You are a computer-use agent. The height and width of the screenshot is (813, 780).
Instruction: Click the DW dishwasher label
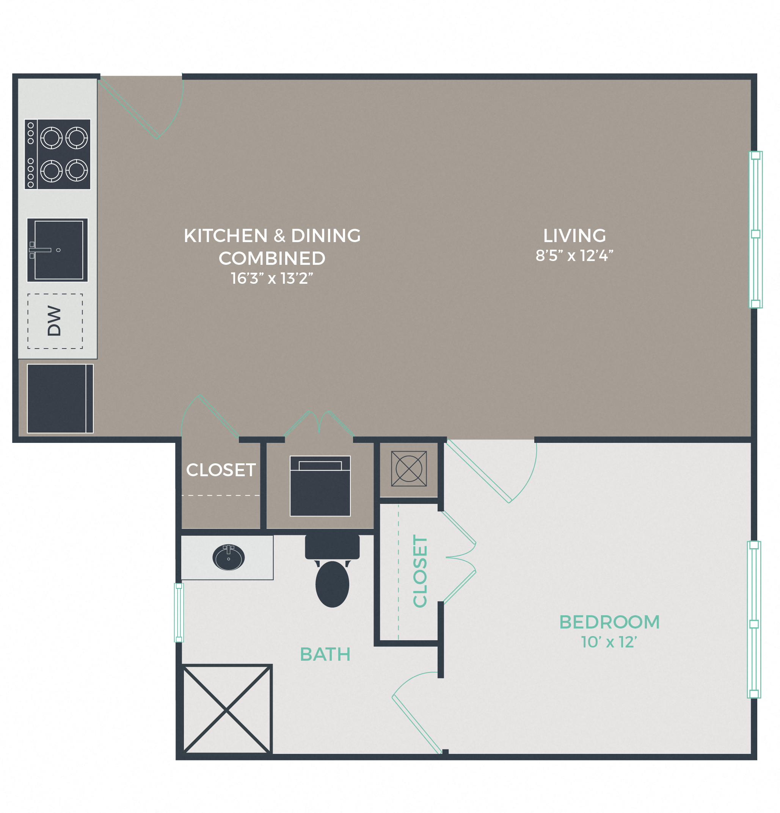pos(54,321)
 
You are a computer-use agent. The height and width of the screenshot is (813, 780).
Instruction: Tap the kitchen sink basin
pos(58,250)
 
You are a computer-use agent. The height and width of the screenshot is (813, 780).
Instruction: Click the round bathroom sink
pos(228,558)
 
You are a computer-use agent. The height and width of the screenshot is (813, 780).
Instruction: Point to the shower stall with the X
pos(227,710)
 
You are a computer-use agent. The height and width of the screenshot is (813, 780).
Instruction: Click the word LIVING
pos(574,236)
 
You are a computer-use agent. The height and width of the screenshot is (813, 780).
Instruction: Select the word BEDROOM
pos(609,622)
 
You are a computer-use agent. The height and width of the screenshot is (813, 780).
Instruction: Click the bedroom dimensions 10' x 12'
pos(609,642)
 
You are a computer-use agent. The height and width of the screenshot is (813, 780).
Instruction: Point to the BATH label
pos(325,655)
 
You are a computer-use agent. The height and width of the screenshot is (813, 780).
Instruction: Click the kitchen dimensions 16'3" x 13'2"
pos(272,278)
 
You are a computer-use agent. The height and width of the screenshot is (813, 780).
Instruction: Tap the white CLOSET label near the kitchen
pos(221,470)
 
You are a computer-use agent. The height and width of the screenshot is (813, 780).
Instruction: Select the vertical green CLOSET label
pos(420,571)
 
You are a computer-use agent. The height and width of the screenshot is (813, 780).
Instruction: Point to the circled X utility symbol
pos(409,469)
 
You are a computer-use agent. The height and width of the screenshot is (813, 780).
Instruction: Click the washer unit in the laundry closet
pos(320,486)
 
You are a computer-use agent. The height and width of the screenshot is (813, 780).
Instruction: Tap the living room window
pos(755,229)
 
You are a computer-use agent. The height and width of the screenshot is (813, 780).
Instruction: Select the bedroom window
pos(754,620)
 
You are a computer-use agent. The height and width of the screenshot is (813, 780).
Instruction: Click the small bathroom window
pos(179,613)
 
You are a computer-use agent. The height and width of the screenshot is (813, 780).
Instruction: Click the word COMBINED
pos(272,258)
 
